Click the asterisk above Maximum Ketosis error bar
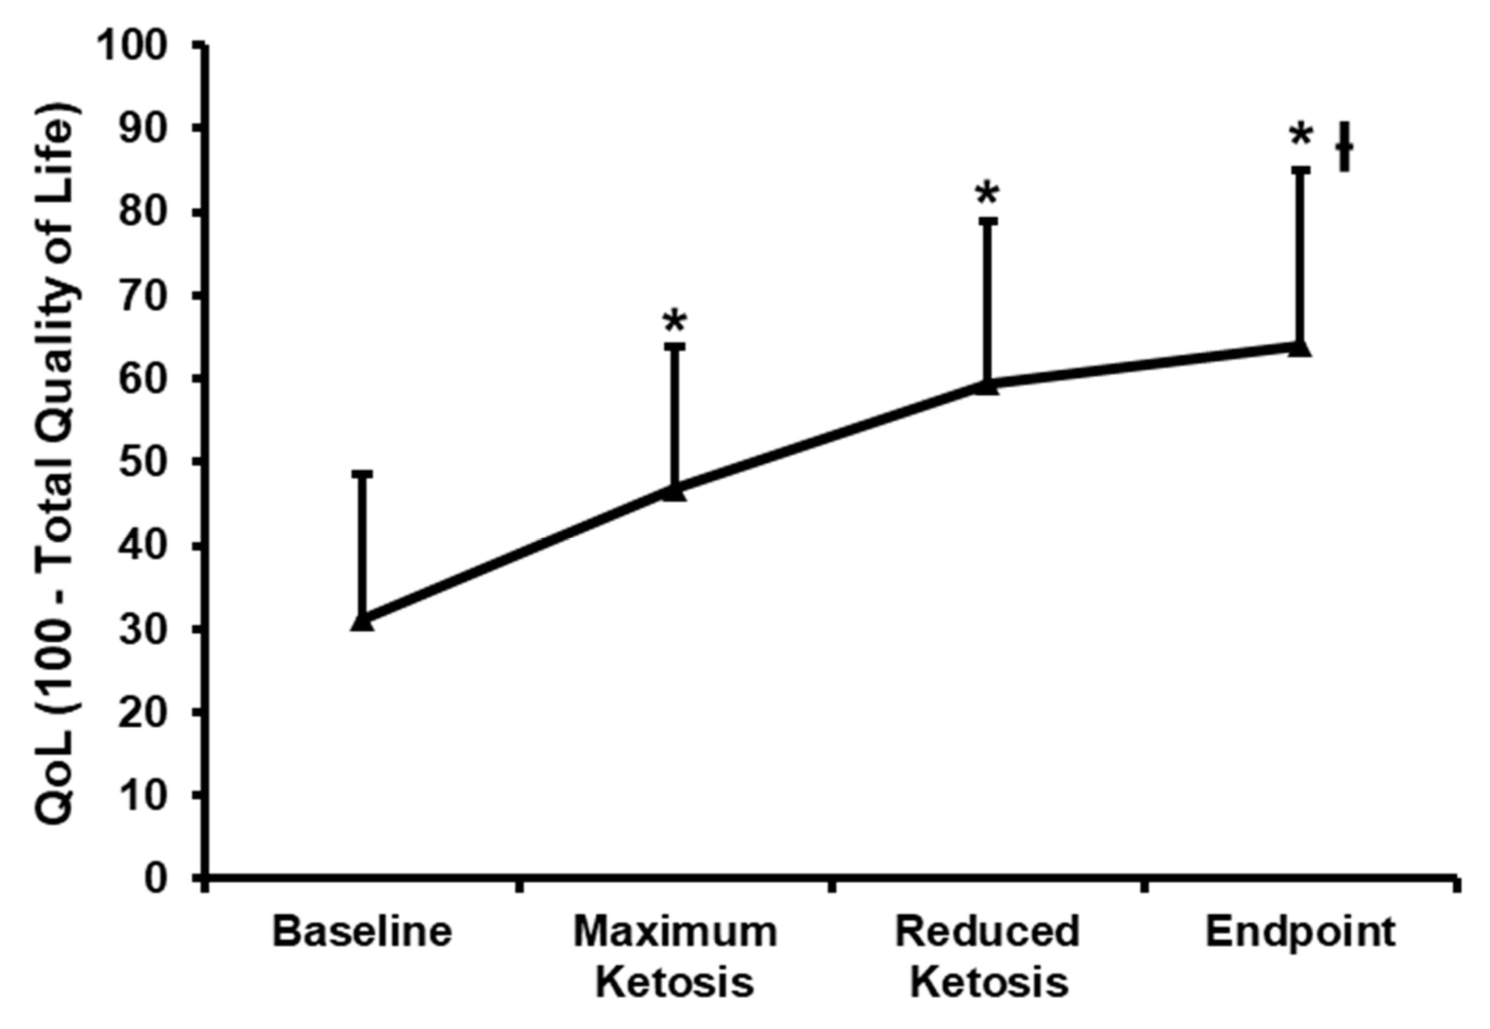point(674,320)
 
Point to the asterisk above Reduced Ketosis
point(987,194)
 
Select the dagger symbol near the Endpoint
point(1344,148)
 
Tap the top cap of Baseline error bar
point(362,474)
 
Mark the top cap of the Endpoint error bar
point(1299,170)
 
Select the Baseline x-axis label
point(362,932)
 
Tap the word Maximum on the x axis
point(674,932)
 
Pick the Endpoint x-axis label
point(1300,932)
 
